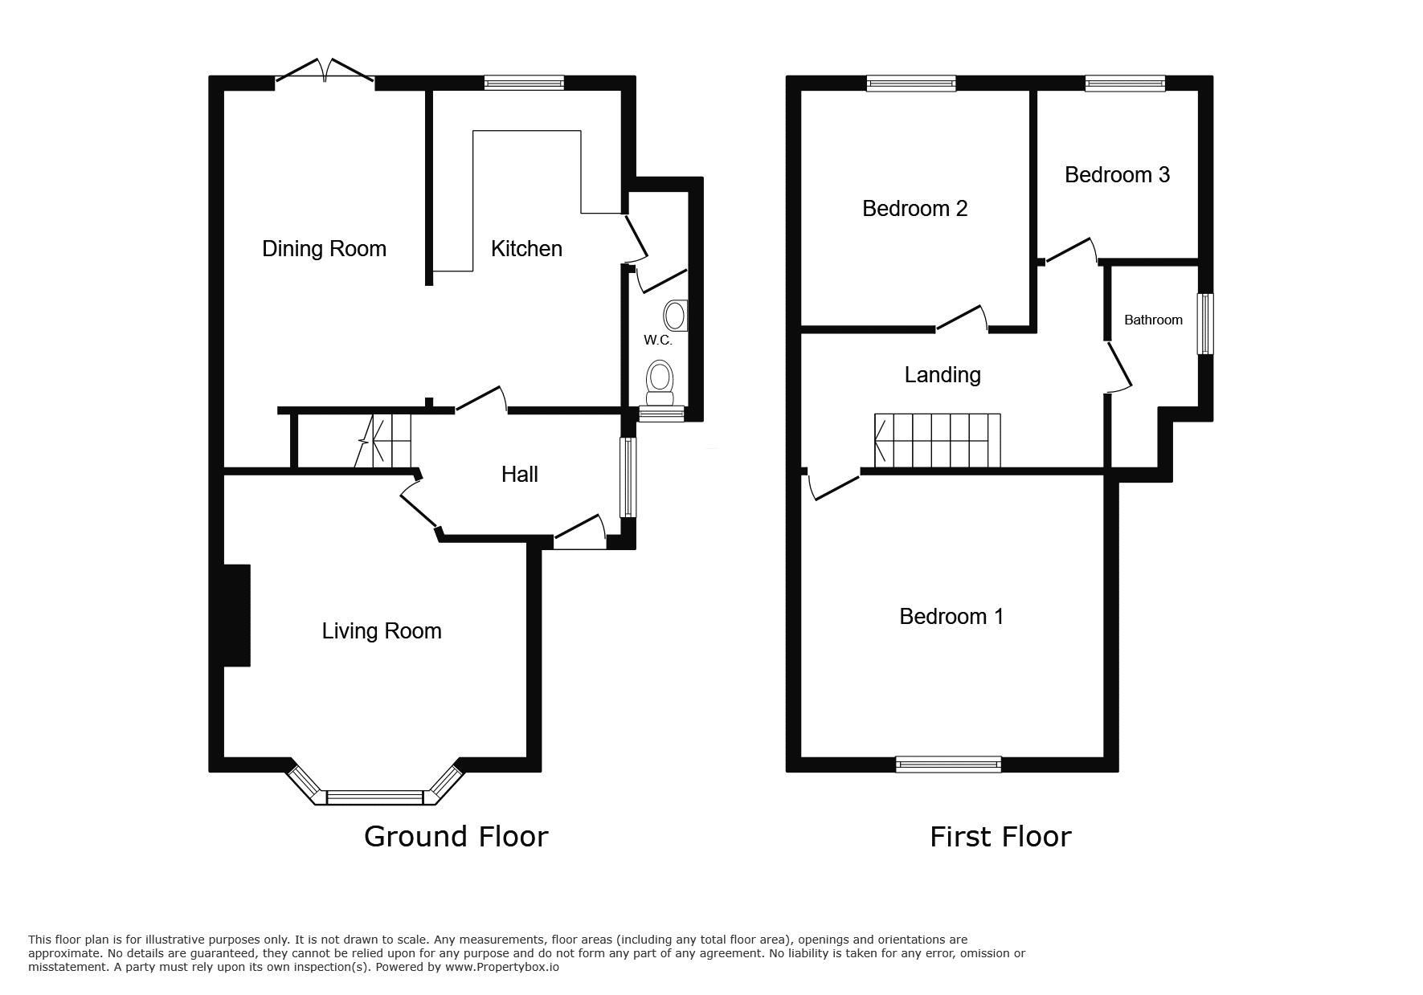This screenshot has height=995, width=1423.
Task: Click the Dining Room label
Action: (x=324, y=249)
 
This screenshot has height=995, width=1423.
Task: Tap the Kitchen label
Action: (x=526, y=249)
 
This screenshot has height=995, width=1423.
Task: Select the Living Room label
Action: (x=382, y=631)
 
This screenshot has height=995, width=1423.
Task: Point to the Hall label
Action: (x=519, y=475)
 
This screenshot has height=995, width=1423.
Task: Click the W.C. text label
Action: (x=657, y=341)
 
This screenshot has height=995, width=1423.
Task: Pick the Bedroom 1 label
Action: (x=951, y=617)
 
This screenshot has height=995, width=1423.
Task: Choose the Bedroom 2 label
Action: (x=914, y=209)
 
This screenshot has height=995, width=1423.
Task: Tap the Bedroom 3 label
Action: (x=1117, y=175)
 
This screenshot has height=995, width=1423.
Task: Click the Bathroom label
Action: (x=1153, y=320)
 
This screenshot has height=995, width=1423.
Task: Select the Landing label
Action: (x=943, y=375)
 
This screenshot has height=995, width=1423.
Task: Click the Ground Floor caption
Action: (x=456, y=837)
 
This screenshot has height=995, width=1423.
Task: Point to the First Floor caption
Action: (x=1000, y=837)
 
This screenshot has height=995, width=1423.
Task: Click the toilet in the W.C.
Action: (x=660, y=385)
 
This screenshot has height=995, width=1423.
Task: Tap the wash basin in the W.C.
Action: (x=676, y=316)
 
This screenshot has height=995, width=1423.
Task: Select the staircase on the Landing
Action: (x=937, y=440)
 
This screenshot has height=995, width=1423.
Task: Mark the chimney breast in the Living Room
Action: (x=236, y=615)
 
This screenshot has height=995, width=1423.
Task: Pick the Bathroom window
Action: (x=1204, y=324)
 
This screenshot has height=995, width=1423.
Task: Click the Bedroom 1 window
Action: (x=948, y=764)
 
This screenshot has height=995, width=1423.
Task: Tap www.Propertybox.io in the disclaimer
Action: (x=501, y=968)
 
